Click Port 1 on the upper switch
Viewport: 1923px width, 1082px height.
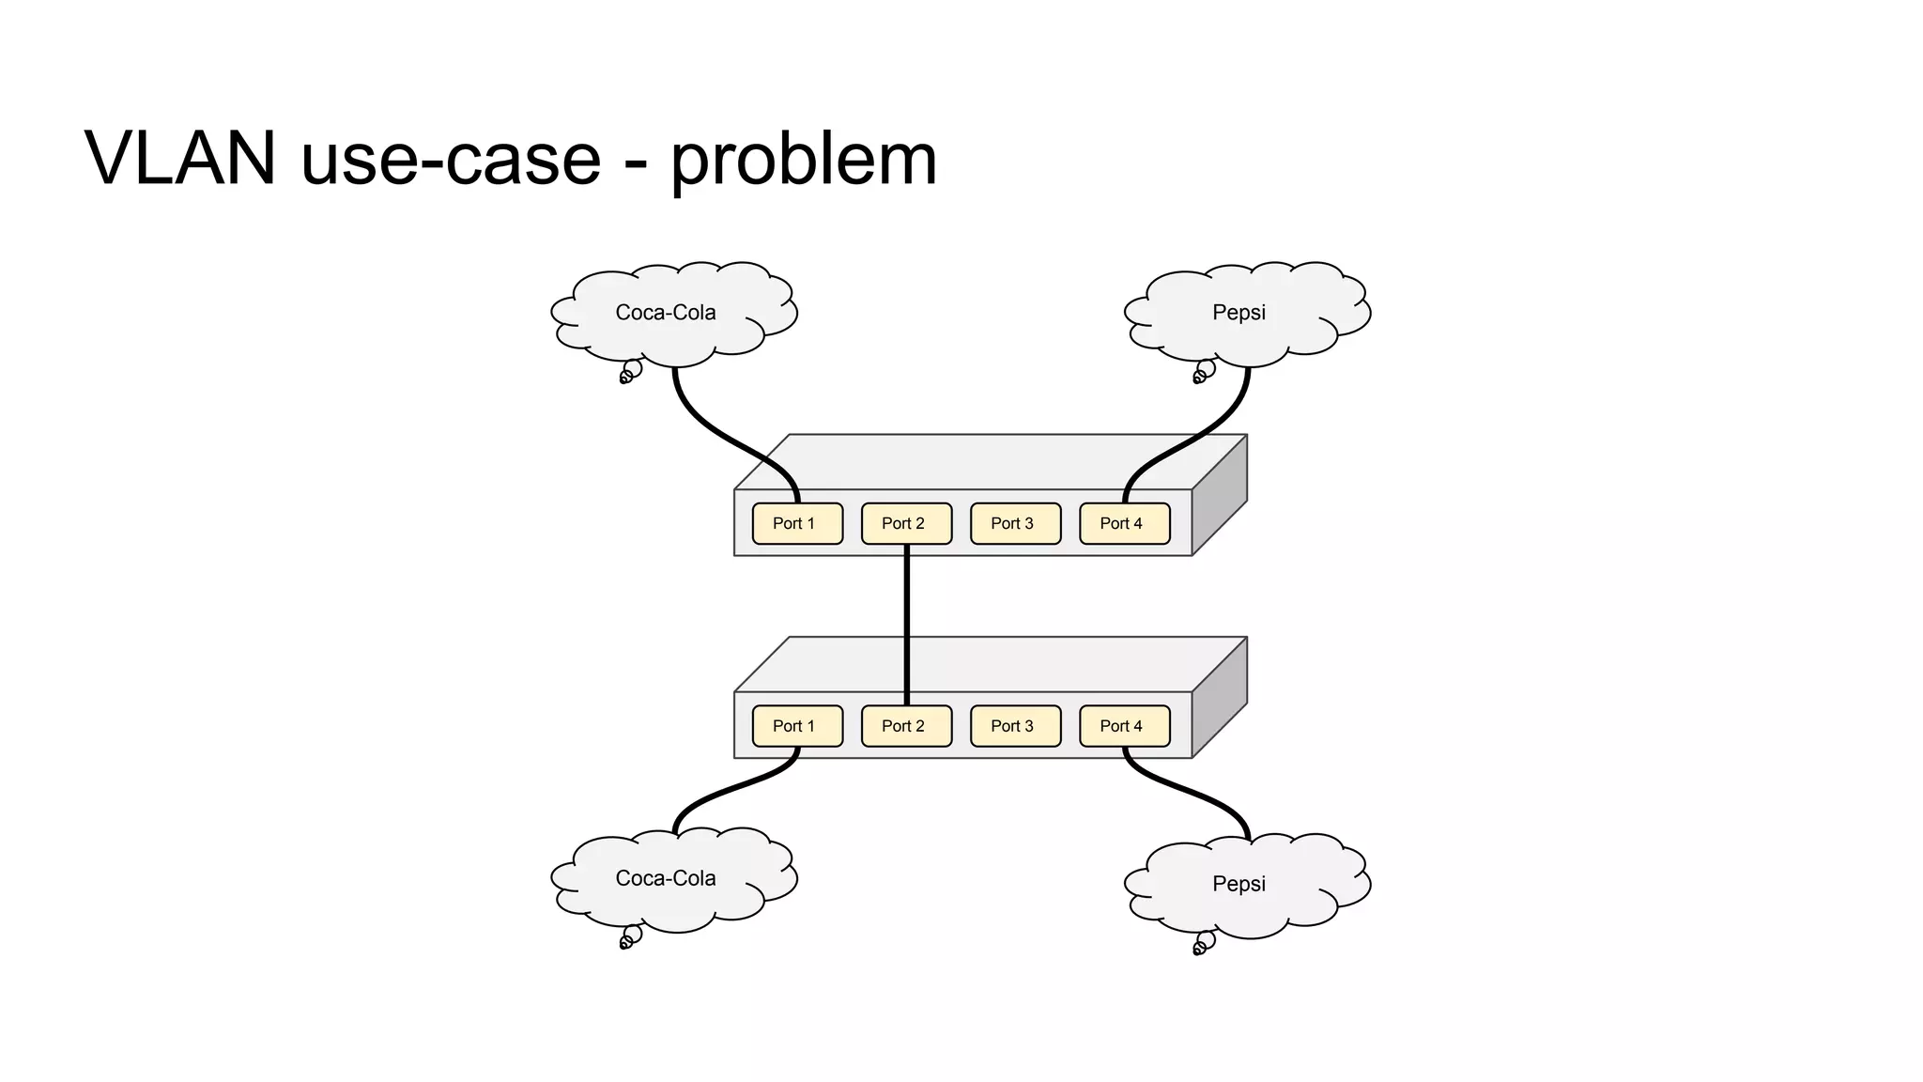tap(797, 523)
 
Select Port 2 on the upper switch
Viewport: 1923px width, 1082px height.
tap(906, 523)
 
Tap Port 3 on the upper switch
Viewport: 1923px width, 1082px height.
tap(1015, 523)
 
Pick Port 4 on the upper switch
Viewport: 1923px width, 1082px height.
tap(1124, 523)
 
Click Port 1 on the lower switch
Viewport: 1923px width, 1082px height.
tap(797, 726)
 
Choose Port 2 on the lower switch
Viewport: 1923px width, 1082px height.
tap(906, 726)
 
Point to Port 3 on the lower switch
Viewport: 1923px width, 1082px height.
tap(1015, 726)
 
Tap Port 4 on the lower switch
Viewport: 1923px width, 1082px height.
tap(1124, 726)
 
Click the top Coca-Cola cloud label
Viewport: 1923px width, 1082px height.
tap(666, 313)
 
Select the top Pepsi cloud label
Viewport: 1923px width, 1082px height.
tap(1238, 313)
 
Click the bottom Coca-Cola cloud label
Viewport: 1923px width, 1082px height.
tap(666, 878)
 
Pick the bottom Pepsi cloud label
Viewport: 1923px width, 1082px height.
tap(1238, 884)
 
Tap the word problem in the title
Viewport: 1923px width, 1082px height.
tap(804, 160)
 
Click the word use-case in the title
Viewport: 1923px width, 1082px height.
tap(451, 160)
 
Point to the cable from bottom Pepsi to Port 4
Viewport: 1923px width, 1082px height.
tap(1192, 795)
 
